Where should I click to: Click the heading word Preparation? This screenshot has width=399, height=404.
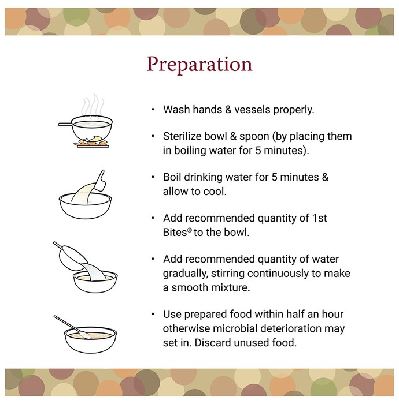pos(199,65)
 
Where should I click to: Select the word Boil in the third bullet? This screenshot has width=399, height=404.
pos(172,177)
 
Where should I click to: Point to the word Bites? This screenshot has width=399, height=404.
pos(175,233)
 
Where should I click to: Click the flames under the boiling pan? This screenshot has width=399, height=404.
pos(91,141)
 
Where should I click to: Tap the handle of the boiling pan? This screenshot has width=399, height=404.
pos(65,124)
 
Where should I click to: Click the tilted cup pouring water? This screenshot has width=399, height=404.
pos(72,257)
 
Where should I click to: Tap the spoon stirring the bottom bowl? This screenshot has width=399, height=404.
pos(72,327)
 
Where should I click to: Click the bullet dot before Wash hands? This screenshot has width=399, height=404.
pos(153,110)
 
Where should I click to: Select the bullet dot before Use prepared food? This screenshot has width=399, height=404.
pos(153,314)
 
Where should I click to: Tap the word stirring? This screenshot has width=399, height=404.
pos(228,274)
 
